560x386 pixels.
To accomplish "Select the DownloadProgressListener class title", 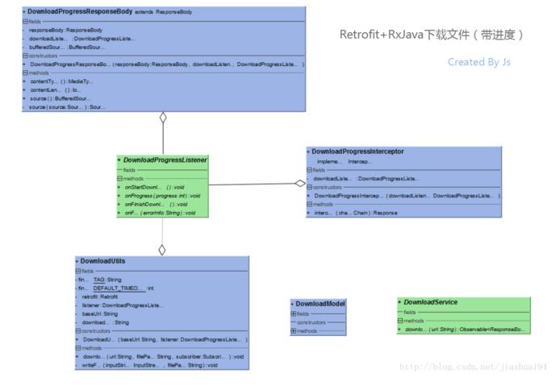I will tap(165, 160).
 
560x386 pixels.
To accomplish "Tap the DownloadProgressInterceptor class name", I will tap(357, 151).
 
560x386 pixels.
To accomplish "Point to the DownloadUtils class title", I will tap(103, 261).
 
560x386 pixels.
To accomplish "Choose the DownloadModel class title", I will tap(320, 304).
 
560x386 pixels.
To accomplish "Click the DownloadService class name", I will tap(430, 302).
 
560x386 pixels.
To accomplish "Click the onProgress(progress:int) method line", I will tap(161, 196).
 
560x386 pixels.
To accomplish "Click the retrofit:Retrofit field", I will tap(100, 297).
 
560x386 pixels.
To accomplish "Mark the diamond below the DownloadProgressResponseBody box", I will tap(163, 118).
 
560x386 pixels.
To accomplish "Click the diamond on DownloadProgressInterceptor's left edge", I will tap(300, 183).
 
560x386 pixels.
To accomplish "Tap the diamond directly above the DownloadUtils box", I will tap(162, 250).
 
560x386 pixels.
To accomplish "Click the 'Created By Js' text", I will tap(479, 62).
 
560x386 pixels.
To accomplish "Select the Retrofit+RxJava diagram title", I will tap(432, 35).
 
